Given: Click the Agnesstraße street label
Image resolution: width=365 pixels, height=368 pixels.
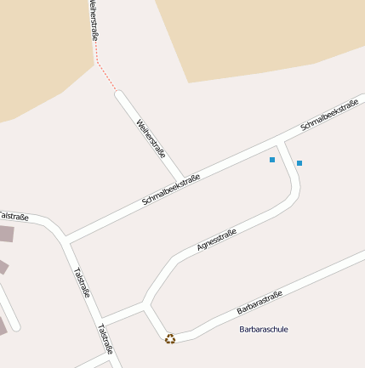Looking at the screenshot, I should click(x=216, y=240).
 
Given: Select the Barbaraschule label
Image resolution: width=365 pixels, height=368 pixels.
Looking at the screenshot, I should click(x=264, y=329).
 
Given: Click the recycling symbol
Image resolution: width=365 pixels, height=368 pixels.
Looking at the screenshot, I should click(x=170, y=338).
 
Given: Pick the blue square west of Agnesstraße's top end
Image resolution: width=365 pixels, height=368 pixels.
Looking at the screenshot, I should click(x=272, y=160).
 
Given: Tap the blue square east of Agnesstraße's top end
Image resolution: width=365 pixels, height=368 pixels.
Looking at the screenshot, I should click(x=299, y=162).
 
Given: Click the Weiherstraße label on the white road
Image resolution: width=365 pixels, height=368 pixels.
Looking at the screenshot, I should click(x=151, y=139).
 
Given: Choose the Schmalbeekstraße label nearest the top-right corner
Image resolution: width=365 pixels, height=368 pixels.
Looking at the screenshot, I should click(x=330, y=116).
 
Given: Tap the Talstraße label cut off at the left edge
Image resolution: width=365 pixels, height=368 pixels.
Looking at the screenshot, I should click(x=13, y=217).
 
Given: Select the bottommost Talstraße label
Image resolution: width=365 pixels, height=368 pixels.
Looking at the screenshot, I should click(x=106, y=339).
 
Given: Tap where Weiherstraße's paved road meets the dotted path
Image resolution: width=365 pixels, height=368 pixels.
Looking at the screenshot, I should click(x=117, y=92).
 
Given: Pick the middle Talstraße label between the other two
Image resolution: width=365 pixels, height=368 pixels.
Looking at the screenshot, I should click(x=82, y=283).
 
